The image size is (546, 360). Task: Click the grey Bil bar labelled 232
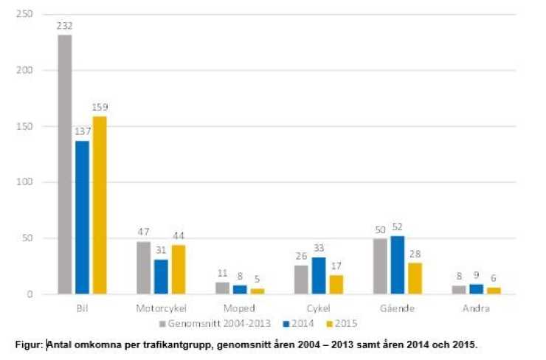point(65,164)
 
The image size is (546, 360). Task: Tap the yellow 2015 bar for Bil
point(99,204)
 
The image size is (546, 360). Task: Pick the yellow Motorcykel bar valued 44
point(179,269)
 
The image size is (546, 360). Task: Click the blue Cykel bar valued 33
point(319,275)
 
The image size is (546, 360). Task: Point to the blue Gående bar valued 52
point(398,265)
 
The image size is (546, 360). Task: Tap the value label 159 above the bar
point(100,108)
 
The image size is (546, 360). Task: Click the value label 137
point(82,132)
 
